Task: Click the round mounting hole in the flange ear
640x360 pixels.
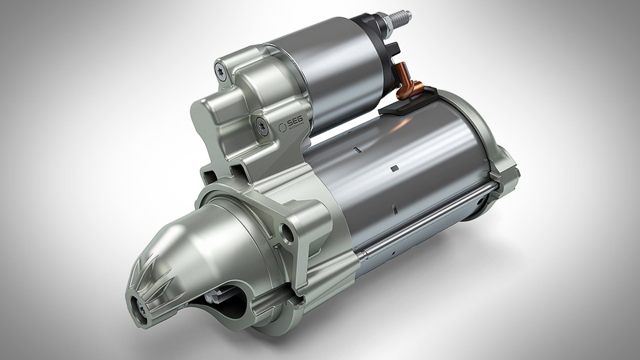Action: click(x=288, y=231)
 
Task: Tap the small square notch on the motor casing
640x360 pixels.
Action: click(x=393, y=167)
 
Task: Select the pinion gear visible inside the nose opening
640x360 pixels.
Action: click(x=215, y=297)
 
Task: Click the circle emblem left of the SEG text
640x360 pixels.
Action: click(x=281, y=126)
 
